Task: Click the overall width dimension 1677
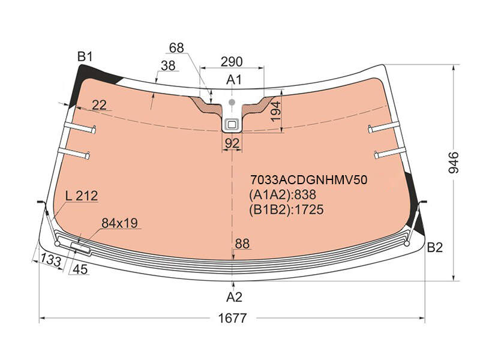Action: coord(232,319)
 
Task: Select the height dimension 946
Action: coord(454,163)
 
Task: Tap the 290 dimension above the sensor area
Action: coord(232,62)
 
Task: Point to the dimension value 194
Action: coord(276,112)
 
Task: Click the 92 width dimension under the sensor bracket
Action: coord(232,143)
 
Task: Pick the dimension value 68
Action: coord(176,48)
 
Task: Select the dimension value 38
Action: coord(168,65)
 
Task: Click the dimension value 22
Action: coord(99,105)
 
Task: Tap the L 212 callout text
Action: coord(82,196)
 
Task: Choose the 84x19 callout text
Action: coord(119,223)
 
